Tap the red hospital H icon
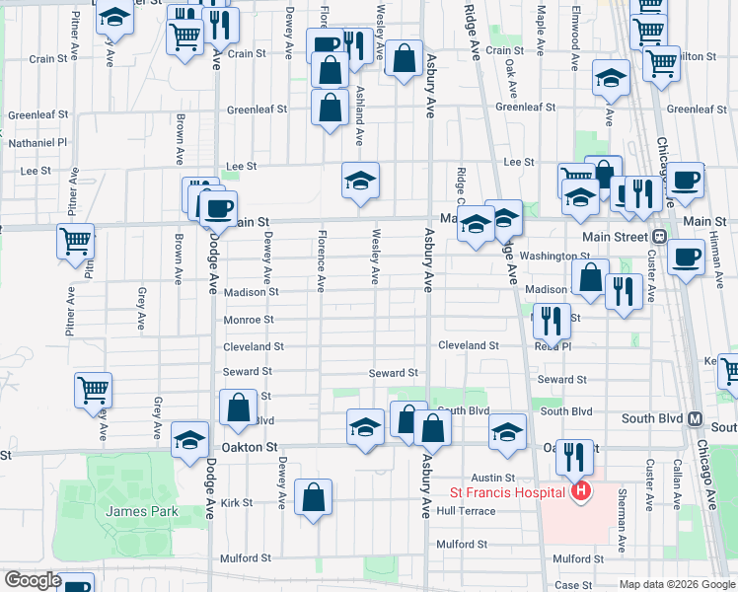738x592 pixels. click(581, 491)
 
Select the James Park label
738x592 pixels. click(144, 511)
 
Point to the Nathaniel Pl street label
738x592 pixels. click(37, 142)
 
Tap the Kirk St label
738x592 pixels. click(238, 502)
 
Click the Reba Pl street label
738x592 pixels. click(553, 346)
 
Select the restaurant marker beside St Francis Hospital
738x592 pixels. click(574, 456)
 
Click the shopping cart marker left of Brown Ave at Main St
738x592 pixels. click(75, 241)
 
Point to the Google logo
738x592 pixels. click(33, 580)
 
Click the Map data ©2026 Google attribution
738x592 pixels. click(676, 583)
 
